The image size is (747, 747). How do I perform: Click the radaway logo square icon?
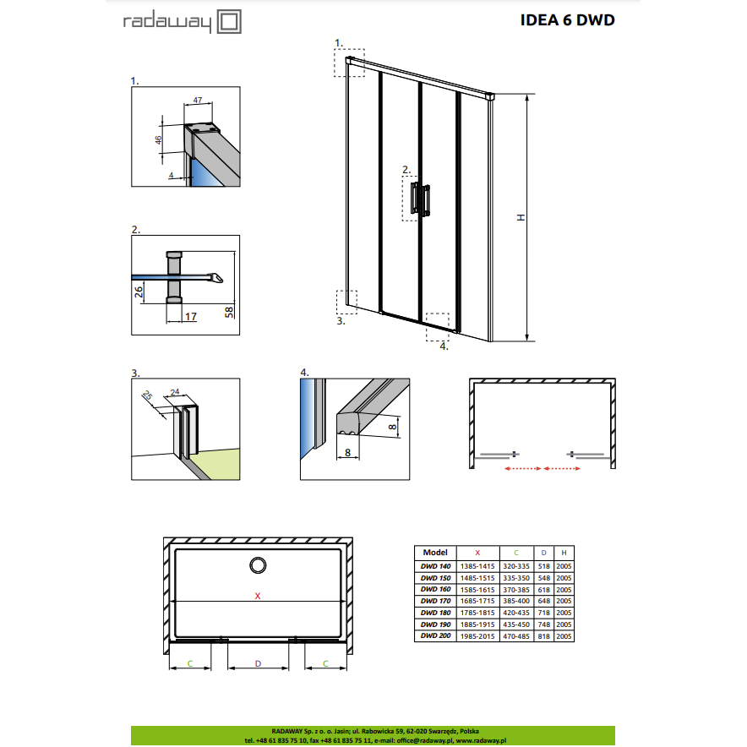coord(229,22)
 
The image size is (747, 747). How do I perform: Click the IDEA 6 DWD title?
coord(567,20)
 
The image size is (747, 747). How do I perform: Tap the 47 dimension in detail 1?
coord(198,100)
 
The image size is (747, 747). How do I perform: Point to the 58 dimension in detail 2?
coord(229,312)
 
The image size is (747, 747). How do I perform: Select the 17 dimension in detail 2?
coord(191,316)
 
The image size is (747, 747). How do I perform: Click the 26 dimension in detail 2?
coord(138,292)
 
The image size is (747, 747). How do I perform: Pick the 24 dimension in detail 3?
coord(175,392)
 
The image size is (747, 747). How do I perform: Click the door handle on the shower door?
coord(420,199)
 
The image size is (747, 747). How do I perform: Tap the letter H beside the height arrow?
coord(521,217)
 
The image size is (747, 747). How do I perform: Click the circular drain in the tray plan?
coord(258,565)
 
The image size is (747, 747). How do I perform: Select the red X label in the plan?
coord(258,596)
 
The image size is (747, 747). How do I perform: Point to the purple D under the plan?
coord(259,663)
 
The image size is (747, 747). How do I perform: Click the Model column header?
coord(435,553)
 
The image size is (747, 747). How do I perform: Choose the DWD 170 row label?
coord(435,601)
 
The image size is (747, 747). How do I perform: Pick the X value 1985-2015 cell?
coord(477,636)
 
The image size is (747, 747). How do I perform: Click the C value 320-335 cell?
coord(516,566)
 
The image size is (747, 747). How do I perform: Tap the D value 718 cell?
coord(543,613)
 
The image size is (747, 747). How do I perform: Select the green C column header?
coord(516,553)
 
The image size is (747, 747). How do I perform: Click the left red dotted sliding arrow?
coord(522,469)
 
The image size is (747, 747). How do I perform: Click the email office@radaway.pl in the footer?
coord(425,741)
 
